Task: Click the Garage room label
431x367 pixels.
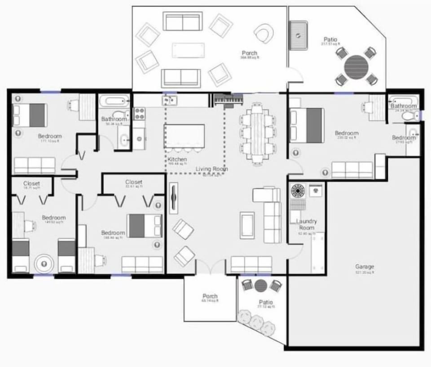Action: pyautogui.click(x=364, y=267)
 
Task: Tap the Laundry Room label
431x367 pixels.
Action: pyautogui.click(x=307, y=224)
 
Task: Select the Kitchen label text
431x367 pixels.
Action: pyautogui.click(x=177, y=160)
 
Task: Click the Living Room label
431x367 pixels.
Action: pyautogui.click(x=211, y=169)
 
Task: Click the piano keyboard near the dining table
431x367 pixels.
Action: pyautogui.click(x=228, y=99)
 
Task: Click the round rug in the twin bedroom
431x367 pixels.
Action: pyautogui.click(x=44, y=264)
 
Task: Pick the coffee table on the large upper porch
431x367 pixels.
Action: pyautogui.click(x=188, y=50)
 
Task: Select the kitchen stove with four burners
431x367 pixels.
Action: pyautogui.click(x=139, y=113)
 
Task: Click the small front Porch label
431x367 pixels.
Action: pyautogui.click(x=210, y=296)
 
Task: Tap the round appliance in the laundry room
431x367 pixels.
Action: pyautogui.click(x=298, y=191)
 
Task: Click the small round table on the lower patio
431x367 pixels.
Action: pyautogui.click(x=261, y=285)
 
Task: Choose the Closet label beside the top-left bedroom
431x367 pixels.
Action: pyautogui.click(x=31, y=183)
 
